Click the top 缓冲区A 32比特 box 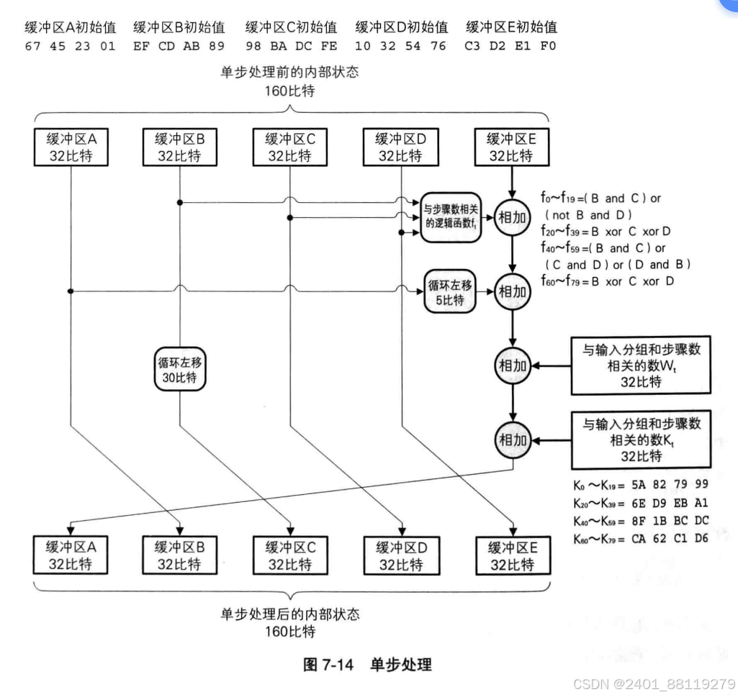pyautogui.click(x=71, y=147)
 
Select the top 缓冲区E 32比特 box pyautogui.click(x=510, y=147)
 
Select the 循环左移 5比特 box pyautogui.click(x=449, y=292)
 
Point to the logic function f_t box pyautogui.click(x=449, y=217)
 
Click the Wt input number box pyautogui.click(x=641, y=365)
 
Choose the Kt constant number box pyautogui.click(x=641, y=439)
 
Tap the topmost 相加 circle pyautogui.click(x=511, y=217)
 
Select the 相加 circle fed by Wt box pyautogui.click(x=511, y=365)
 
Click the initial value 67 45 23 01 pyautogui.click(x=70, y=46)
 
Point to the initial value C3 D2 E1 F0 pyautogui.click(x=510, y=46)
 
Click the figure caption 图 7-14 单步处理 pyautogui.click(x=367, y=664)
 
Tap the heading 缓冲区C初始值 pyautogui.click(x=291, y=27)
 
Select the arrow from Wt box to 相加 pyautogui.click(x=551, y=365)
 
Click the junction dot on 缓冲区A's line pyautogui.click(x=71, y=291)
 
